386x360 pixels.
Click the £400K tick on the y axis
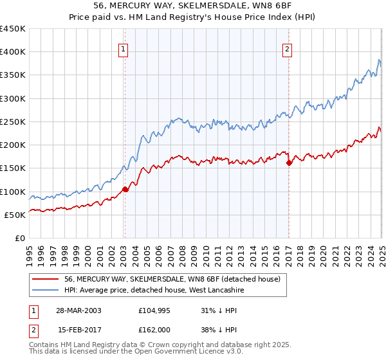point(13,52)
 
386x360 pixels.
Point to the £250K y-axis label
point(13,122)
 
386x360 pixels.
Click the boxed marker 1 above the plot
point(123,47)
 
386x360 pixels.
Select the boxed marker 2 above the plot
point(287,47)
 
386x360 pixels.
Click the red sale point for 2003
point(125,189)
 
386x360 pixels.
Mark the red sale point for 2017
point(289,163)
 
